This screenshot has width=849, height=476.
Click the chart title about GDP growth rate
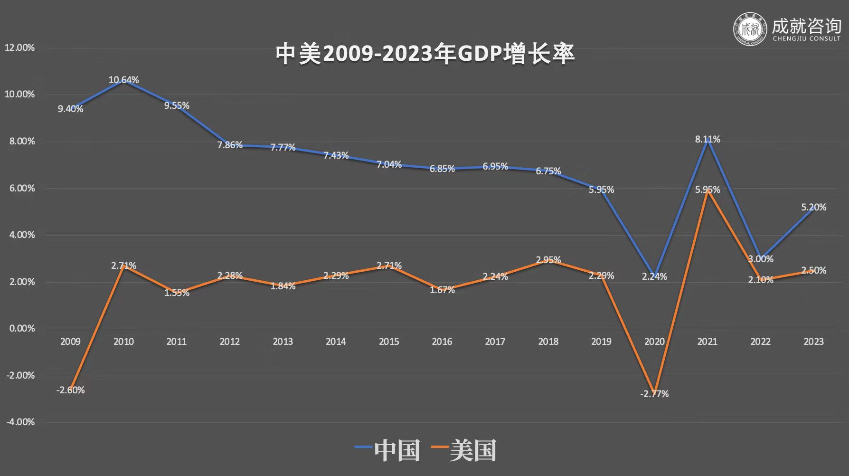(x=425, y=54)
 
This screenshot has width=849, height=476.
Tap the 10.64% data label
(x=123, y=80)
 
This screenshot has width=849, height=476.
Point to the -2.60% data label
(x=70, y=390)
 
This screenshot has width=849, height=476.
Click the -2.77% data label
(x=654, y=394)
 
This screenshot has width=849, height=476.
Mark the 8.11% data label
(x=707, y=139)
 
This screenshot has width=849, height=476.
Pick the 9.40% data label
(x=70, y=109)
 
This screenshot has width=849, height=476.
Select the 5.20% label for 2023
(x=813, y=207)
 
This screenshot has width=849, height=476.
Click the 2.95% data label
(x=548, y=260)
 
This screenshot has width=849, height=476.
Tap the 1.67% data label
(x=442, y=290)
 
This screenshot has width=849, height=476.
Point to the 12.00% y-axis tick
(x=19, y=48)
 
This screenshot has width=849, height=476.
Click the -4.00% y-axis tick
(x=19, y=422)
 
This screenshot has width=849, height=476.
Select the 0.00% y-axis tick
(x=22, y=328)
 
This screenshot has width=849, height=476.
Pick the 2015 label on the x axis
(x=389, y=341)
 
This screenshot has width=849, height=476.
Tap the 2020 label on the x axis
(x=654, y=341)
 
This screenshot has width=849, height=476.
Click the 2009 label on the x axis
(x=70, y=341)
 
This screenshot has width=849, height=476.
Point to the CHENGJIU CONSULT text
(x=806, y=38)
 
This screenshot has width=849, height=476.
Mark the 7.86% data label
(x=230, y=145)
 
